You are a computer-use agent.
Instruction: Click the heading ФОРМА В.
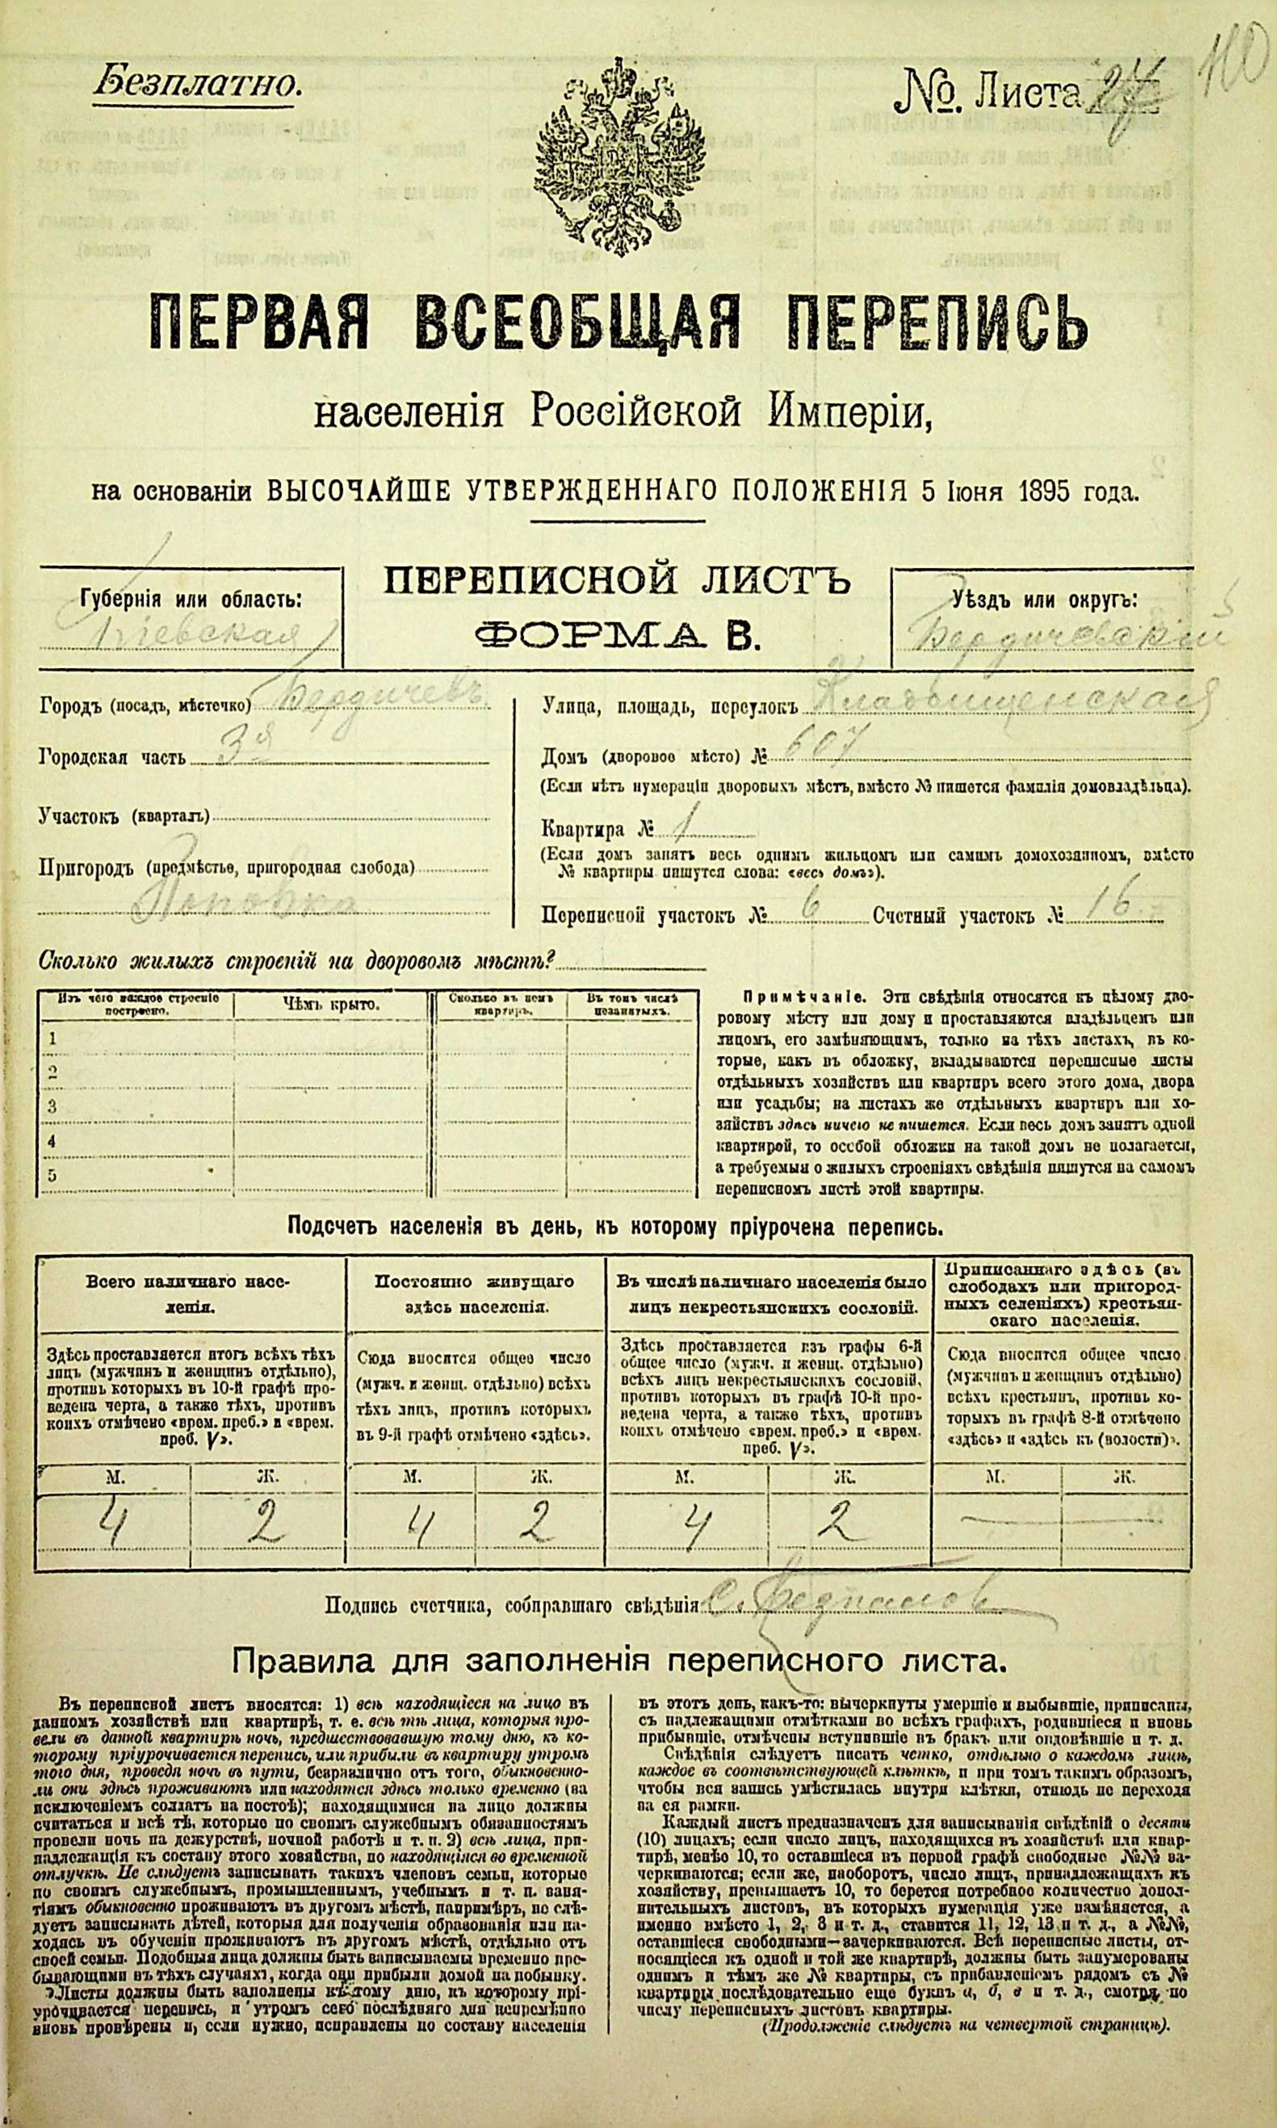click(616, 637)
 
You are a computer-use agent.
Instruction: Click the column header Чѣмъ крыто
click(329, 1004)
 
